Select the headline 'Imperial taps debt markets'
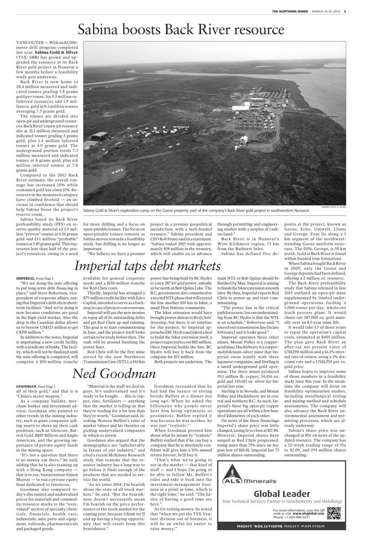[147, 266]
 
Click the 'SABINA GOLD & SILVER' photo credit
[334, 206]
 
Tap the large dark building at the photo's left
[99, 137]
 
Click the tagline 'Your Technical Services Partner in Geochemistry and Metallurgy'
[282, 501]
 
